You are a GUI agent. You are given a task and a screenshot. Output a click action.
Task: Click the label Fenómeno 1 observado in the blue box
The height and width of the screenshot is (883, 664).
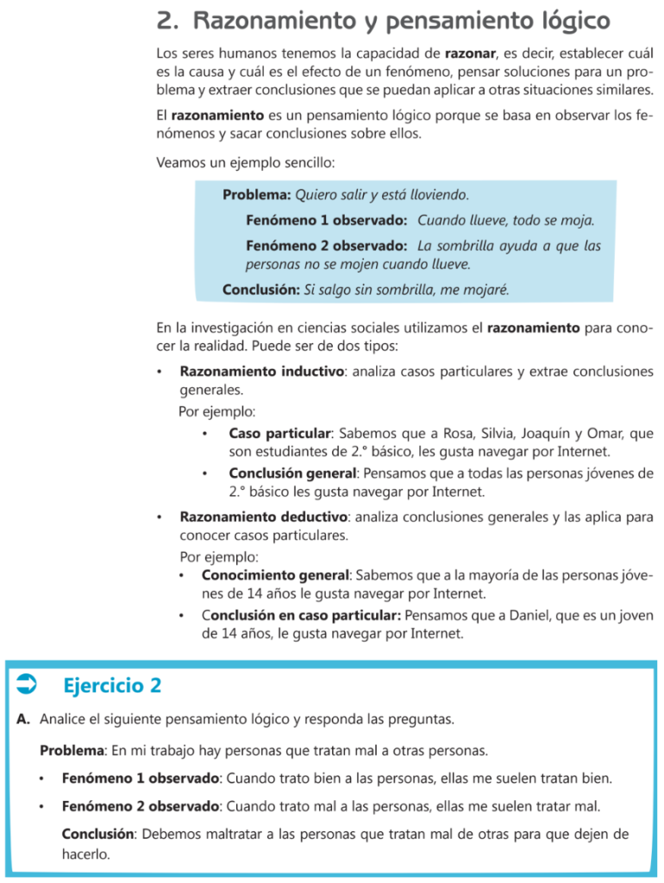pos(326,220)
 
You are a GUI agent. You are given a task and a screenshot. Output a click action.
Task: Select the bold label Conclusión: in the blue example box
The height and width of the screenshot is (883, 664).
pos(260,290)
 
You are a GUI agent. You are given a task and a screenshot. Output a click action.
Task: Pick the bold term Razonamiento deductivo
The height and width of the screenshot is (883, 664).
pos(263,517)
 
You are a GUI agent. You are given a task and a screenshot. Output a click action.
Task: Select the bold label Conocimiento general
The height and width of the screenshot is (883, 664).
pos(275,574)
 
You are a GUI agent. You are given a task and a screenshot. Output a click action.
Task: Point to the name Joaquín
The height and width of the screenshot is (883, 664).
pos(525,433)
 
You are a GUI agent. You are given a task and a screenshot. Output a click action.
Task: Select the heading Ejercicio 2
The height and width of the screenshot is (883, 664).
pos(112,686)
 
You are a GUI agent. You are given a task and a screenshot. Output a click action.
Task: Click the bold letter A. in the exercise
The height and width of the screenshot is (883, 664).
pos(23,718)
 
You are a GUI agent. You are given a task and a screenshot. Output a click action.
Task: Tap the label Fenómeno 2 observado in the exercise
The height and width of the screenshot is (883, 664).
pos(141,806)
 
